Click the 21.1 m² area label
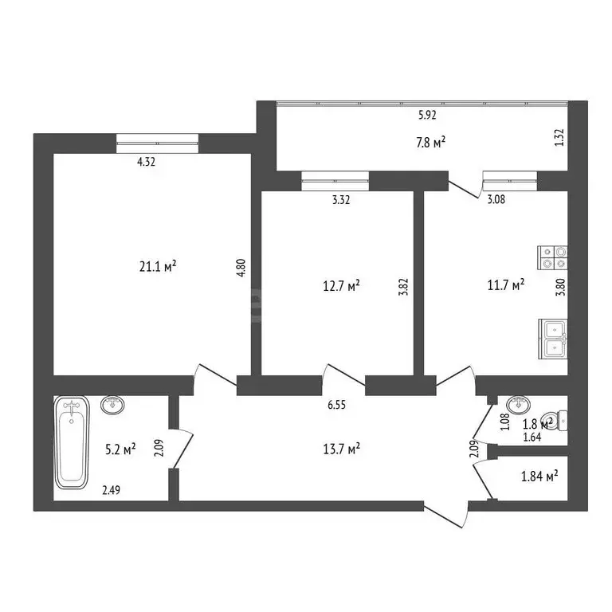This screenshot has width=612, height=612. point(157,267)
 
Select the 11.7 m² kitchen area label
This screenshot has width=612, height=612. point(505,284)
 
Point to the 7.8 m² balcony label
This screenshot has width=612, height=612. point(431,141)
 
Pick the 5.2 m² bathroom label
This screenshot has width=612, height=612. point(120,449)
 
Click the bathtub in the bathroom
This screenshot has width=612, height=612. point(73,443)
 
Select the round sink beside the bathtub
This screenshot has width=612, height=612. point(113,406)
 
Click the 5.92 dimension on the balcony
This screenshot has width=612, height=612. point(428,115)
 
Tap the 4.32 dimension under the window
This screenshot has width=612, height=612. point(146,162)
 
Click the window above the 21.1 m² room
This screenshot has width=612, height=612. point(156,143)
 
